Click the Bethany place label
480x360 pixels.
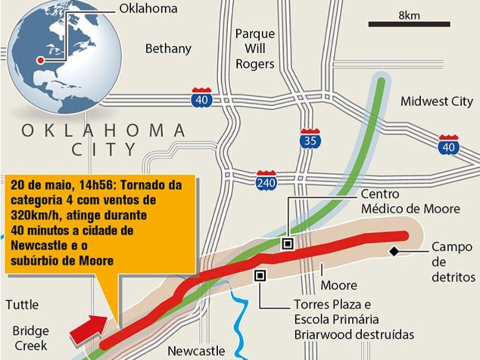pos(168,48)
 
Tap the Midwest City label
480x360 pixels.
pos(436,101)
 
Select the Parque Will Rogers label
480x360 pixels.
pos(255,49)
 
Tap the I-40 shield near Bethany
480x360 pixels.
pos(202,98)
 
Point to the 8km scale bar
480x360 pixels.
pos(409,23)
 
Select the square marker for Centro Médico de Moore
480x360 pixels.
pos(287,244)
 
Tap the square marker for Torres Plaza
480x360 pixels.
pos(260,275)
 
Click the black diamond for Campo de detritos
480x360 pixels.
pos(395,251)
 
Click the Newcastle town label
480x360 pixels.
pos(196,351)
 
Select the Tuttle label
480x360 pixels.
pos(22,304)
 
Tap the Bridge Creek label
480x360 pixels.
pos(31,338)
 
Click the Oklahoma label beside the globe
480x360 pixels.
pos(148,9)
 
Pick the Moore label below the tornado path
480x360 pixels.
pos(339,285)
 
